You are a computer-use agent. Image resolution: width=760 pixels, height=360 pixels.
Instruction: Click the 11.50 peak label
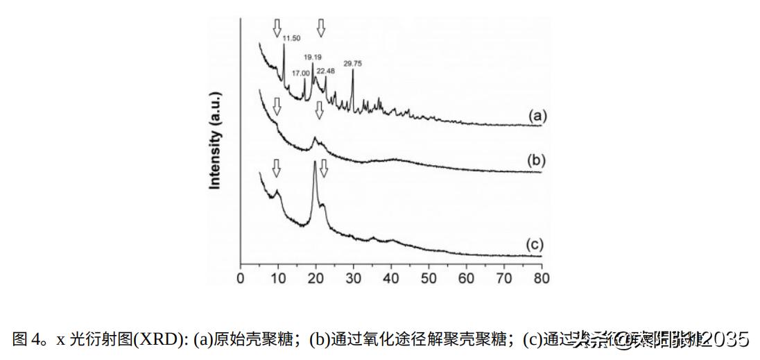[291, 37]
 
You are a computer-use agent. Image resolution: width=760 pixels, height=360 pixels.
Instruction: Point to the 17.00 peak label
[300, 73]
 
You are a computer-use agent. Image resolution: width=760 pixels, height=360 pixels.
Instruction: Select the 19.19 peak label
[313, 58]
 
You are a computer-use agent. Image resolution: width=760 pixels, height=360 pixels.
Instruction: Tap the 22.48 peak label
[326, 71]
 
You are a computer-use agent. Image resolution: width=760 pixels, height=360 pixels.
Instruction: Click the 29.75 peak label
[353, 63]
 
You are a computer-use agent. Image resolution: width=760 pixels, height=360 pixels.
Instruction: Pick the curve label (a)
[537, 116]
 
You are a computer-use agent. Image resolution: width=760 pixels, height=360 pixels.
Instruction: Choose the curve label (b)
[536, 160]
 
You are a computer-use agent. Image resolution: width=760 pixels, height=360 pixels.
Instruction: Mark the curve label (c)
[535, 244]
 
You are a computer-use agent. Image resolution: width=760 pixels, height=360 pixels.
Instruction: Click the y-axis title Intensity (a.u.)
[215, 139]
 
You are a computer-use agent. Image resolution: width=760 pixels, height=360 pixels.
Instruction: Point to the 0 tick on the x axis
[241, 279]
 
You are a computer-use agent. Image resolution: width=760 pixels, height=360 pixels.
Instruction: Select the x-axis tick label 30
[353, 279]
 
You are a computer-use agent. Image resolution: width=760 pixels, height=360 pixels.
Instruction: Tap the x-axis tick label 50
[429, 279]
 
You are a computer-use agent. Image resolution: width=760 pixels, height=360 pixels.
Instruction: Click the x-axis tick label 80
[541, 279]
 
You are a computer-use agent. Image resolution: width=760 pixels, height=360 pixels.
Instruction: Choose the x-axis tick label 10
[278, 279]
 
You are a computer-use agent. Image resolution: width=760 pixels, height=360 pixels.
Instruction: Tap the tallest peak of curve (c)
[316, 162]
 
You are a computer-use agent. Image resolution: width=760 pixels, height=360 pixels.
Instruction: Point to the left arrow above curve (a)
[277, 28]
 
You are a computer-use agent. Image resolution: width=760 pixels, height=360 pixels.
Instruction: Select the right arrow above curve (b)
[319, 109]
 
